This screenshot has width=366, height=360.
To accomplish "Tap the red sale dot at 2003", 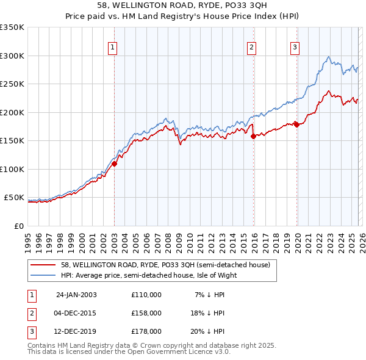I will (x=114, y=164).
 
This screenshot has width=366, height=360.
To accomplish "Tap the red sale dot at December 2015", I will (x=253, y=137).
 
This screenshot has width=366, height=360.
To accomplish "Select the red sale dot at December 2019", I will (x=296, y=124).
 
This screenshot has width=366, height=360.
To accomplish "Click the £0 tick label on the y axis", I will (x=20, y=226).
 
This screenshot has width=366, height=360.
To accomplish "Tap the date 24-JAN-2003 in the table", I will (x=76, y=295).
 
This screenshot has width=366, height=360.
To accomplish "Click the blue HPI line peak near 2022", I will (x=329, y=57).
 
